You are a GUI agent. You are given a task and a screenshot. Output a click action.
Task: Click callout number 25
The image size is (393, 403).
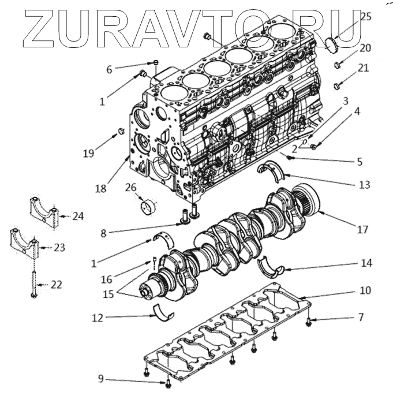pyautogui.click(x=366, y=17)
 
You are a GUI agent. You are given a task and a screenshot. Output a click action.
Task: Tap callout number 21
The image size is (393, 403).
pyautogui.click(x=363, y=68)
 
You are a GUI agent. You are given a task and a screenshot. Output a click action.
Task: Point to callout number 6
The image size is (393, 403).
pyautogui.click(x=108, y=69)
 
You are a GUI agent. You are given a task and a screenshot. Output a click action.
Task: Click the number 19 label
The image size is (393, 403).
pyautogui.click(x=88, y=153)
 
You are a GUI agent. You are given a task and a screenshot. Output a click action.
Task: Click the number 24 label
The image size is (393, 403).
pyautogui.click(x=78, y=217)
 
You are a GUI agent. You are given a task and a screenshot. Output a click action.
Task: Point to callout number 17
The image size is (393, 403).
pyautogui.click(x=362, y=229)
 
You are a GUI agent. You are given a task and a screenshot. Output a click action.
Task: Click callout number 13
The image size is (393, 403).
pyautogui.click(x=364, y=185)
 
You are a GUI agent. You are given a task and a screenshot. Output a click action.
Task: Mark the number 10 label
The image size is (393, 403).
pyautogui.click(x=365, y=290)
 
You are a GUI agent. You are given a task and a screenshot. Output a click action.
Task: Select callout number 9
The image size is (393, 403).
pyautogui.click(x=100, y=379)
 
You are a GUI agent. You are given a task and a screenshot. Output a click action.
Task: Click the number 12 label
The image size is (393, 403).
pyautogui.click(x=97, y=317)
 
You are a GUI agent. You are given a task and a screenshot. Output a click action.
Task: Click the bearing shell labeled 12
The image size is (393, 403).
pyautogui.click(x=164, y=314)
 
